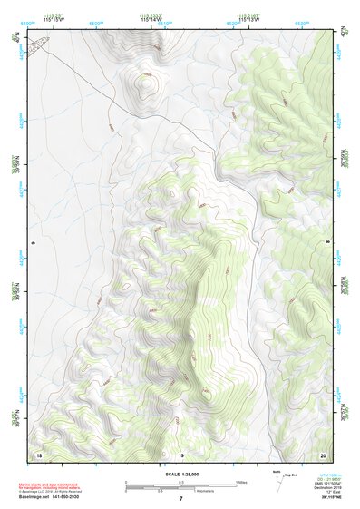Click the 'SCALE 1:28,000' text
(181, 475)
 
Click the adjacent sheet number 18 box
(38, 455)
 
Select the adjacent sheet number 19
(181, 455)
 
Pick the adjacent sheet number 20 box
(322, 455)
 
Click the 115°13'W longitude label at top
(249, 20)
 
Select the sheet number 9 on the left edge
(32, 243)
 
